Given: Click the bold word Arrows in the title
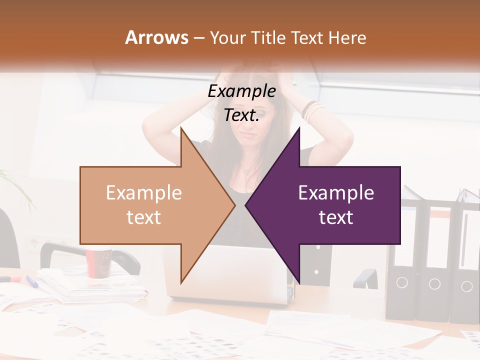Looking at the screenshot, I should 156,37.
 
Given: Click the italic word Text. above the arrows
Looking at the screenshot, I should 241,115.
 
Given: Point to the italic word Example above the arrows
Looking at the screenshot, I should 241,91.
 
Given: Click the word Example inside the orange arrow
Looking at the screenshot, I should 144,193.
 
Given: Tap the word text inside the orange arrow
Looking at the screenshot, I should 144,217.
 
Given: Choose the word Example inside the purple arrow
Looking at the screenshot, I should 336,193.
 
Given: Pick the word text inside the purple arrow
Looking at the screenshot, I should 336,217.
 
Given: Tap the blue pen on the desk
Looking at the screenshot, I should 31,281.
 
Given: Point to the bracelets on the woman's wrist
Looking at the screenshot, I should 312,111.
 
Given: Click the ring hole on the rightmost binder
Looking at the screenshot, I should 466,286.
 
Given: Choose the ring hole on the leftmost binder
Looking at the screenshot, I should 402,283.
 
